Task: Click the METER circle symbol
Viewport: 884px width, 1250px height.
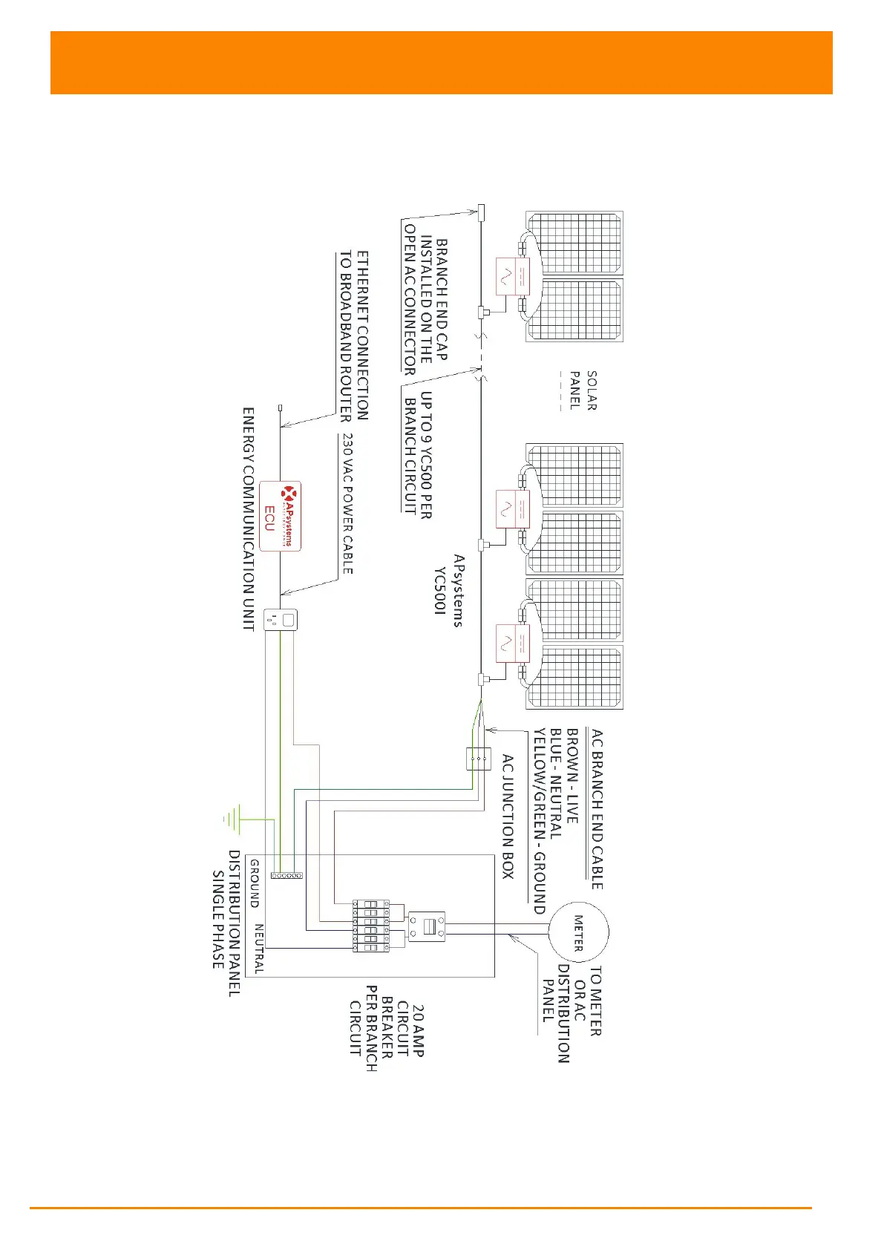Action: pos(578,932)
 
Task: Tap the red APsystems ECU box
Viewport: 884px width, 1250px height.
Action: pos(280,516)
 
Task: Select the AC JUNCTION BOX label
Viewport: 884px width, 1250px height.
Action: pos(508,817)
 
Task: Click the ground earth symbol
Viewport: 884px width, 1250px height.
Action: pos(232,819)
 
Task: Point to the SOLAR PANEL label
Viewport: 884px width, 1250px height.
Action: pos(583,390)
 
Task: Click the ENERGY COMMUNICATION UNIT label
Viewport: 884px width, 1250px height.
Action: pos(249,519)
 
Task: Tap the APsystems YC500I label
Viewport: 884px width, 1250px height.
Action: pos(450,590)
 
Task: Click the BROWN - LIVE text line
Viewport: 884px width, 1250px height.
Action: pos(572,776)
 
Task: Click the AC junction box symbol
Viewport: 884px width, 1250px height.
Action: pos(478,759)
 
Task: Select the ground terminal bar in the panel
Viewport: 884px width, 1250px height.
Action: pos(287,876)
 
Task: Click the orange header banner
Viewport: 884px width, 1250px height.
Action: pos(441,62)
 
